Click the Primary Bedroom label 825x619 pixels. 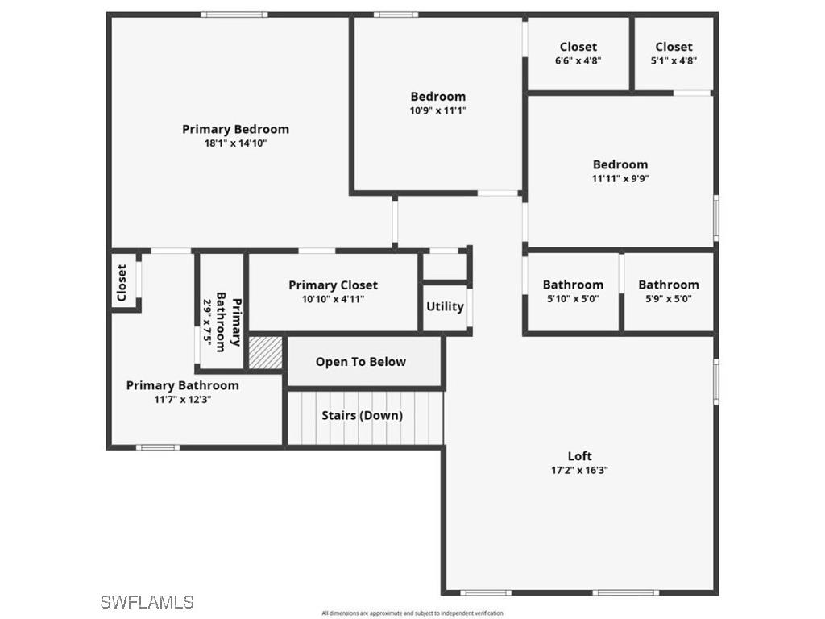pyautogui.click(x=235, y=129)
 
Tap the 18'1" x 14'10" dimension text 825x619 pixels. pyautogui.click(x=235, y=143)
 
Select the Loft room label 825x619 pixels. pyautogui.click(x=579, y=456)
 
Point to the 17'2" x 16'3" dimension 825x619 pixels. pyautogui.click(x=579, y=471)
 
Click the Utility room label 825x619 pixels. pyautogui.click(x=445, y=306)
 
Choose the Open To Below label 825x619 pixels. pyautogui.click(x=360, y=362)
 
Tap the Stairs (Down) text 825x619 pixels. pyautogui.click(x=362, y=416)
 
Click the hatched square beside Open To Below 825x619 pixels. pyautogui.click(x=265, y=353)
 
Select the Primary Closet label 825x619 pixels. pyautogui.click(x=333, y=285)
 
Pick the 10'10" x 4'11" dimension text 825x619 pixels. pyautogui.click(x=333, y=299)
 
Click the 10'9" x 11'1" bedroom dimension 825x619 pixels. pyautogui.click(x=437, y=111)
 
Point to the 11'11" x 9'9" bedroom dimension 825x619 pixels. pyautogui.click(x=620, y=179)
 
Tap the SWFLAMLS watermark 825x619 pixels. pyautogui.click(x=147, y=602)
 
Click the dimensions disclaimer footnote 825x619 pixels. pyautogui.click(x=412, y=613)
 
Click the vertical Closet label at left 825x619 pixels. pyautogui.click(x=122, y=283)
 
